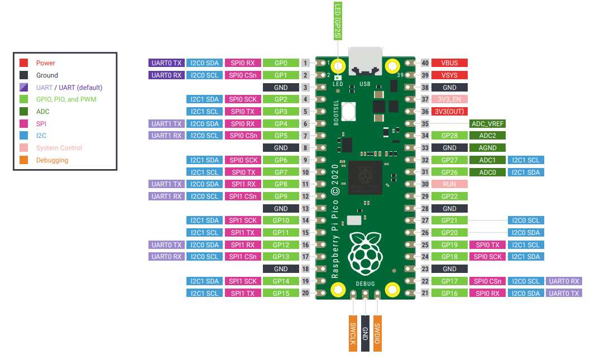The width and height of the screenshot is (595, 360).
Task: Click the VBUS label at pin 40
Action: (x=449, y=63)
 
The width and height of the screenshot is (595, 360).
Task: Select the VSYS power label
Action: (x=449, y=75)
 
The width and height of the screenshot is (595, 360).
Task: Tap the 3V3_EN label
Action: (x=449, y=99)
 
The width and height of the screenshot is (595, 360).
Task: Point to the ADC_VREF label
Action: (x=487, y=124)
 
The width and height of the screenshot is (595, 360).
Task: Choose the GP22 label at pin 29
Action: (x=449, y=196)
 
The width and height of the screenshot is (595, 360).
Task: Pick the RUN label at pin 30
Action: (x=449, y=184)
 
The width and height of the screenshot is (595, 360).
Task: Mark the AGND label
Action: (x=487, y=148)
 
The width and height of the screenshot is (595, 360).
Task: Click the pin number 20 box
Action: (x=305, y=293)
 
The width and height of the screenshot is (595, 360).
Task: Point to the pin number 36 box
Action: (x=425, y=112)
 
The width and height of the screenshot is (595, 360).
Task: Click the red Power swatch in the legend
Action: (x=23, y=63)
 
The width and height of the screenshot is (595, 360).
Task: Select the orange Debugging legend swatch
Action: (x=23, y=160)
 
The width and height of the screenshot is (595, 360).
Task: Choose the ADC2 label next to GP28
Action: (x=487, y=136)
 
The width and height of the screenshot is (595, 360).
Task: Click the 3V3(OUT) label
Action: (x=449, y=112)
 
